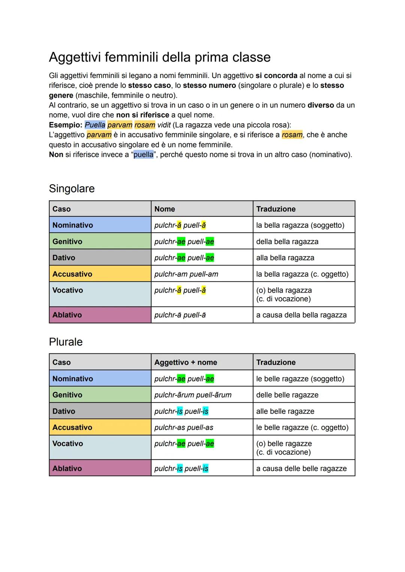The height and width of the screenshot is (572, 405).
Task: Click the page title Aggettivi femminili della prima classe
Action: coord(159,57)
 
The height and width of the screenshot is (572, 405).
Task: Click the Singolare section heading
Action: coord(72,188)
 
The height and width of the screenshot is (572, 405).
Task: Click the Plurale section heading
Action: coord(66,342)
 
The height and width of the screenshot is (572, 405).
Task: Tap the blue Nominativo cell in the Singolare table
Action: coord(100,225)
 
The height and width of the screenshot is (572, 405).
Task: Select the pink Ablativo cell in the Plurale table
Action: coord(100,468)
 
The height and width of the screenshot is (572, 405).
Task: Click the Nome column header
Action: coord(165,209)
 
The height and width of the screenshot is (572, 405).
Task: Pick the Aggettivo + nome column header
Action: coord(186,362)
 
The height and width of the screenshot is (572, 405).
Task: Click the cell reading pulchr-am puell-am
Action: coord(186,274)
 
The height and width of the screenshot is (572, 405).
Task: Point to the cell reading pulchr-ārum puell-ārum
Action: coord(193,395)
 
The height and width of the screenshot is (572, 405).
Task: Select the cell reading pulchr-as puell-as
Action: coord(184,427)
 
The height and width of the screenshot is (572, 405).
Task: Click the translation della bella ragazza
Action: coord(287,242)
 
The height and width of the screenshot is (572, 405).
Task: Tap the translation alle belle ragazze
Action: coord(285,411)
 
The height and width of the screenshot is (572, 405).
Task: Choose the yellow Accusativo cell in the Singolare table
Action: coord(100,274)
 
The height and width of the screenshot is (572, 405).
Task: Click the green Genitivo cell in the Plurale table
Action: coord(100,395)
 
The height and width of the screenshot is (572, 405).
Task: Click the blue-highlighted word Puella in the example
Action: coord(95,125)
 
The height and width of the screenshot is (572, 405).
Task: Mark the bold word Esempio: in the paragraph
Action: coord(65,125)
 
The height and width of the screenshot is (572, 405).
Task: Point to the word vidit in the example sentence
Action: coord(163,125)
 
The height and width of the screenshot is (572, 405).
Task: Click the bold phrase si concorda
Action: coord(276,75)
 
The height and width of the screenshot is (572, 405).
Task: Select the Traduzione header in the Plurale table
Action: coord(276,362)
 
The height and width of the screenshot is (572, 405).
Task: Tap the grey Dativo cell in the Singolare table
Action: coord(100,258)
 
